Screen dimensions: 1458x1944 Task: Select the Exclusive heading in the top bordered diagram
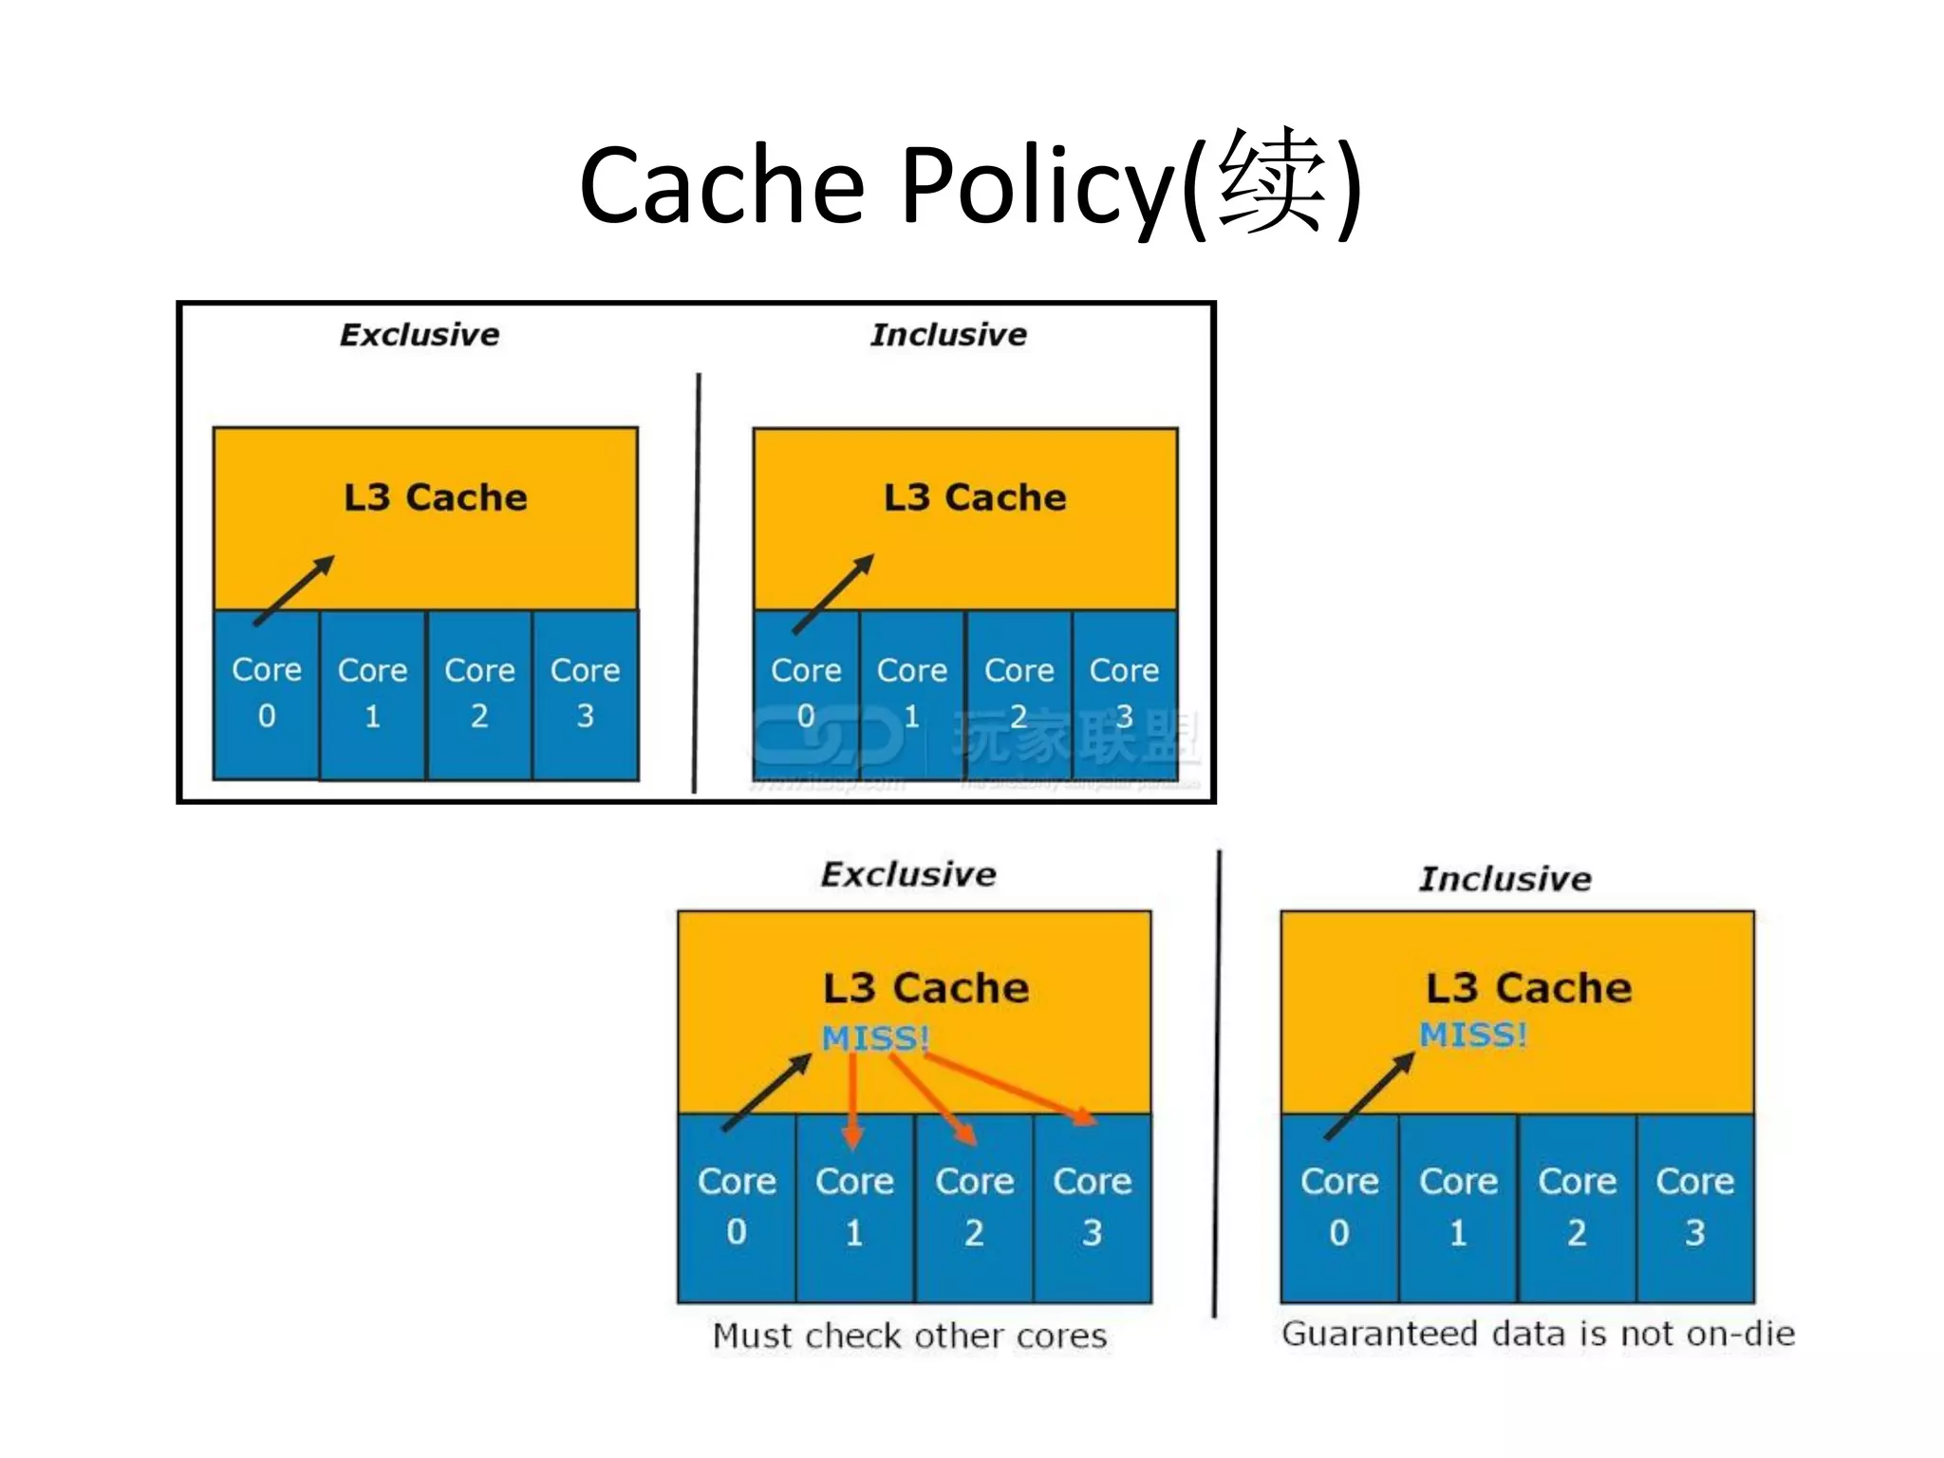click(x=420, y=335)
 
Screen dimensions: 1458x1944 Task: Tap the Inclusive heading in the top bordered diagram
click(x=948, y=335)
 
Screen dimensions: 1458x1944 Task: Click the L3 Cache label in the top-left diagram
click(x=435, y=497)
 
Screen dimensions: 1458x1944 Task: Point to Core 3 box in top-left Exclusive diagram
click(x=585, y=693)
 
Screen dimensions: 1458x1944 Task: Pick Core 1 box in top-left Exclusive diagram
click(x=372, y=693)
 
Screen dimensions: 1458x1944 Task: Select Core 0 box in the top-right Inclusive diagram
click(x=805, y=693)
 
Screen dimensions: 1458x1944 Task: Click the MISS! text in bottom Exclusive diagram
click(x=874, y=1037)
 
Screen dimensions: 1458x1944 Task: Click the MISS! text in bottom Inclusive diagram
click(x=1472, y=1035)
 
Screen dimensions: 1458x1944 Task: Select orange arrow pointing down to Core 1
click(x=852, y=1101)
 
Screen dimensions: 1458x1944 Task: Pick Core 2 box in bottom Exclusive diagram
click(x=974, y=1206)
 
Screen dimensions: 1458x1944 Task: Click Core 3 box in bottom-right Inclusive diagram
click(x=1694, y=1206)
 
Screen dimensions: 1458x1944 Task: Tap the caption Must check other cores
click(x=909, y=1336)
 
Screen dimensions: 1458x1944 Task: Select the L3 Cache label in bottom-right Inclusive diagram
click(x=1528, y=988)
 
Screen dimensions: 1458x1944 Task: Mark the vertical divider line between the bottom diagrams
click(x=1217, y=1082)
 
